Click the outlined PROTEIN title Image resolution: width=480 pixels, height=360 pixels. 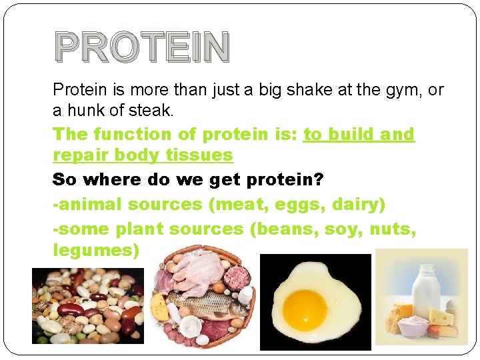pos(142,47)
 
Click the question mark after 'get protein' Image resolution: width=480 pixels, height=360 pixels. pos(319,180)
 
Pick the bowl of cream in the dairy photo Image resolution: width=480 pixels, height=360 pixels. pos(411,326)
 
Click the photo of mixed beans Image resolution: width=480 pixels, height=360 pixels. pos(87,305)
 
